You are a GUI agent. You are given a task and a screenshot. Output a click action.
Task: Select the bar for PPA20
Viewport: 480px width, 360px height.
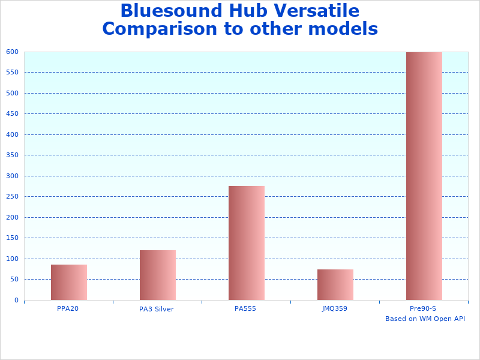(x=69, y=282)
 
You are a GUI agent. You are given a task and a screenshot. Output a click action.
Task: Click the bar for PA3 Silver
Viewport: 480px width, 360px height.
(x=158, y=275)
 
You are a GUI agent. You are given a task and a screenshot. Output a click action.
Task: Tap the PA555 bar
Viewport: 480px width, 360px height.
(x=247, y=243)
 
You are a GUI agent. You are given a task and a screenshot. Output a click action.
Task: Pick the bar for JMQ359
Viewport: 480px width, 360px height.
(x=335, y=284)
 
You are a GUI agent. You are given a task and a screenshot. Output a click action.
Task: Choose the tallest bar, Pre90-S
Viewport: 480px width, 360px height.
(x=424, y=176)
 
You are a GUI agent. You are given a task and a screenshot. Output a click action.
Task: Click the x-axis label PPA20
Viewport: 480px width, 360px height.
(x=68, y=308)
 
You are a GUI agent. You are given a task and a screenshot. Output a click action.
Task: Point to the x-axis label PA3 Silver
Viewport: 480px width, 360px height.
(x=157, y=310)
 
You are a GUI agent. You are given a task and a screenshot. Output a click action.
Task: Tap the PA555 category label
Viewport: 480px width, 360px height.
(x=245, y=308)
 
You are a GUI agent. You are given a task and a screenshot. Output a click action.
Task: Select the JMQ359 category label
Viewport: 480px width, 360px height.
(x=335, y=308)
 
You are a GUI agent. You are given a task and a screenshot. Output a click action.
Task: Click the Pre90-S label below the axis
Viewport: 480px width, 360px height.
(x=423, y=308)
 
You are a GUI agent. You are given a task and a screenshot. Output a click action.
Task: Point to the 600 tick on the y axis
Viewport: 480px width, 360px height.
(x=13, y=52)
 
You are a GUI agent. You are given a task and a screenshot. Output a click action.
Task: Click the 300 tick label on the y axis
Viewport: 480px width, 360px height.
(x=13, y=176)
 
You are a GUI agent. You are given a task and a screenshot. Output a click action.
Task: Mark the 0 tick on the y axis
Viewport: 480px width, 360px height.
(x=17, y=300)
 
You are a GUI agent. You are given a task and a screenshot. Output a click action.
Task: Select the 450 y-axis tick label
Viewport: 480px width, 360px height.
(x=13, y=114)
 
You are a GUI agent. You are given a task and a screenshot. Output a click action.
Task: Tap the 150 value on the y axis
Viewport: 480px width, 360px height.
(x=13, y=238)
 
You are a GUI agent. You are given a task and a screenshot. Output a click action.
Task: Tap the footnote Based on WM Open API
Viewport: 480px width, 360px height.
(x=425, y=319)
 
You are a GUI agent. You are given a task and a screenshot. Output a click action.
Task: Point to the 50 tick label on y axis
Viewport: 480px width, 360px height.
(x=14, y=280)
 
